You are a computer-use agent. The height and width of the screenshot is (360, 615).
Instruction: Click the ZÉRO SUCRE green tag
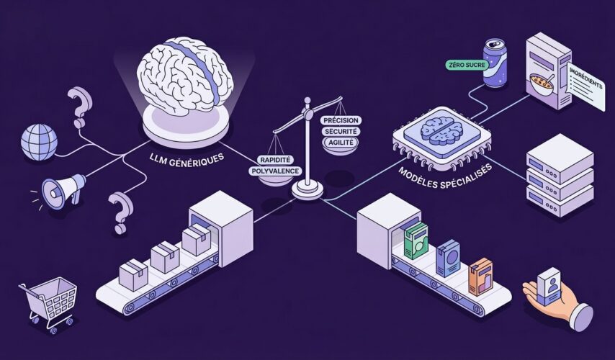pyautogui.click(x=467, y=65)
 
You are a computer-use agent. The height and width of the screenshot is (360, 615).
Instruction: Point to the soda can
pyautogui.click(x=496, y=63)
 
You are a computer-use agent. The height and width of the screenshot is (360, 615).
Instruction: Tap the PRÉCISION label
pyautogui.click(x=342, y=120)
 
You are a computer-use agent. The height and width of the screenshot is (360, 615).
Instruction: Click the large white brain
pyautogui.click(x=185, y=78)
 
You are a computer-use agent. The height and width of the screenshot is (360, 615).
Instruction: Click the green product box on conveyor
pyautogui.click(x=416, y=240)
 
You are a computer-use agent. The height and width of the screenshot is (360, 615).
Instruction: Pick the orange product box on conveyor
pyautogui.click(x=480, y=274)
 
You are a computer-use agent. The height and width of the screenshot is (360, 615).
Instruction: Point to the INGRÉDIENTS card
pyautogui.click(x=585, y=86)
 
